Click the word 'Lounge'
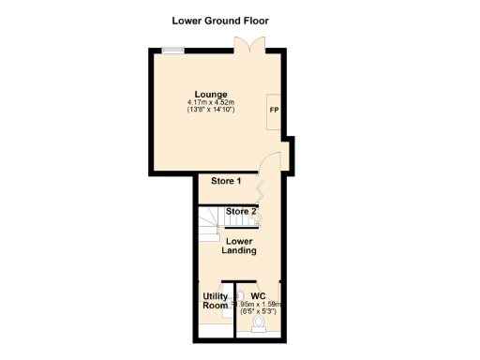click(x=210, y=94)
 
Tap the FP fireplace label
click(x=274, y=111)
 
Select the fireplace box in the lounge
click(x=275, y=112)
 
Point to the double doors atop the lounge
click(x=245, y=46)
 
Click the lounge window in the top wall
click(x=172, y=51)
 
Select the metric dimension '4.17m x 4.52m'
click(x=210, y=102)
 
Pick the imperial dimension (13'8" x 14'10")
click(x=210, y=110)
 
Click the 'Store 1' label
click(x=226, y=181)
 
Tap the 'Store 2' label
click(x=241, y=212)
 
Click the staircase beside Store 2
click(x=210, y=222)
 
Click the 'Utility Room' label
click(x=216, y=302)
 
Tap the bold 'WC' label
click(x=258, y=296)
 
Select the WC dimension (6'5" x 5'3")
click(x=261, y=312)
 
